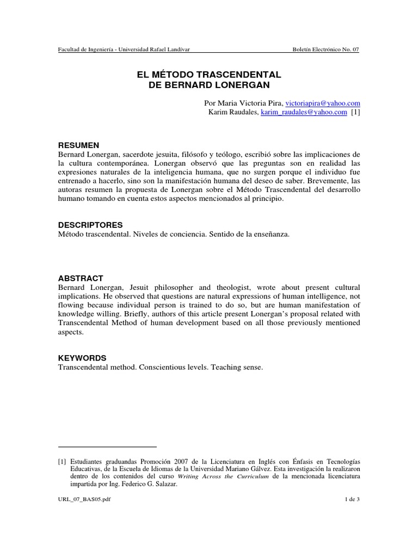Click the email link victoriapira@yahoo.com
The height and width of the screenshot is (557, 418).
(323, 103)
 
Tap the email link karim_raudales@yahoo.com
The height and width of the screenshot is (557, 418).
(304, 112)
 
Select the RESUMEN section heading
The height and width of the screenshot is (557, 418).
(78, 145)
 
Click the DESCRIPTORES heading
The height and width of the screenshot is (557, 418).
(90, 225)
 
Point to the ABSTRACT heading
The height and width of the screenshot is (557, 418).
(81, 278)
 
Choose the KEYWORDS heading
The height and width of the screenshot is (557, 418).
(82, 358)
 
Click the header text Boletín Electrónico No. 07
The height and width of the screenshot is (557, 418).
(325, 49)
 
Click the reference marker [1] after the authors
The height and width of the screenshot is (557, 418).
(355, 112)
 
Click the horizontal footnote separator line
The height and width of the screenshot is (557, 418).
(107, 447)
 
